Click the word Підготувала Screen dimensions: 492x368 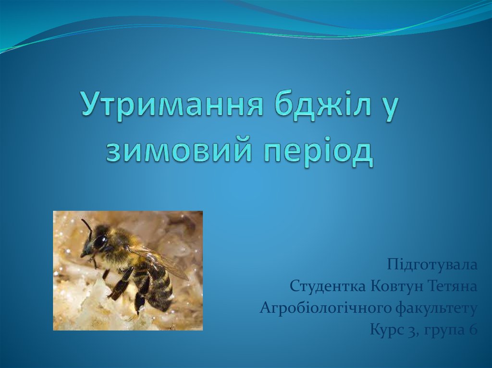point(432,265)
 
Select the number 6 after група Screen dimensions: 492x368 point(473,330)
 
